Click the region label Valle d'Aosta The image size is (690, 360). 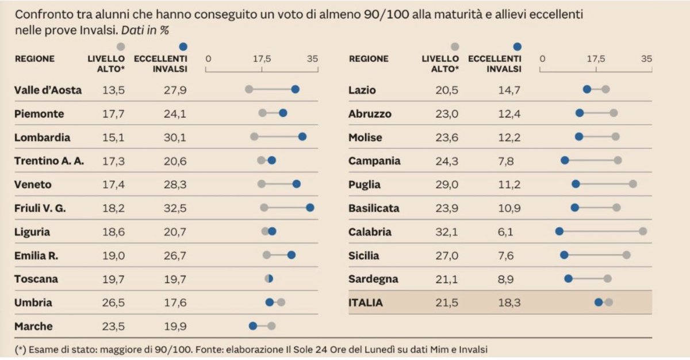[48, 90]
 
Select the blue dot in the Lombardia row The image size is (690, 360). [302, 137]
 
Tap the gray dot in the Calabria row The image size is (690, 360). [643, 231]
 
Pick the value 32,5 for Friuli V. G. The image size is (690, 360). [175, 208]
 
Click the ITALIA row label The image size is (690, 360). [365, 302]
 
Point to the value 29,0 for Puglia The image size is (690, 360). [447, 185]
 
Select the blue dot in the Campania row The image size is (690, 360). [565, 160]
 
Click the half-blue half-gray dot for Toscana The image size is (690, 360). [269, 279]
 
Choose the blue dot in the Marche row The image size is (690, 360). [252, 326]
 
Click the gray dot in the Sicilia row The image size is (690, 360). [626, 255]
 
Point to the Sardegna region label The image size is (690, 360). [373, 279]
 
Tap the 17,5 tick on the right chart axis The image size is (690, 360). [596, 59]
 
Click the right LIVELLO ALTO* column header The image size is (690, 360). [440, 63]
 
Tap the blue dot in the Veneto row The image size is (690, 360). [296, 184]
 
